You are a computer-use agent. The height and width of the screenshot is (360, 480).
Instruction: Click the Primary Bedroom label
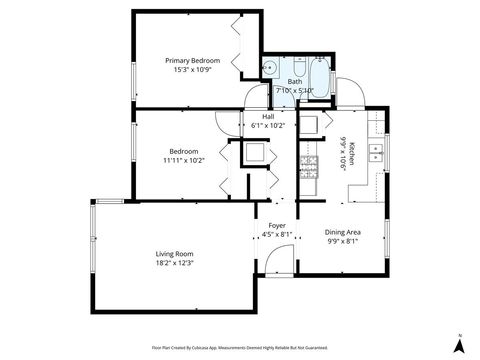point(192,61)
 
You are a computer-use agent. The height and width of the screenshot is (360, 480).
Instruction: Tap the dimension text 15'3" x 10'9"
point(192,71)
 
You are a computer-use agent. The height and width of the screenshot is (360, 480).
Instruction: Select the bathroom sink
point(270,68)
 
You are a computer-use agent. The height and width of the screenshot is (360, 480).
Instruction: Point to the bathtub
point(321,74)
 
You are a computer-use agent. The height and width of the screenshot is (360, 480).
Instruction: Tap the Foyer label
point(276,226)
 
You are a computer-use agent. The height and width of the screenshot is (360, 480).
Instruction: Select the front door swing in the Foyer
point(285,262)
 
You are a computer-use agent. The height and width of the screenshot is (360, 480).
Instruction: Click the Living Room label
point(173,254)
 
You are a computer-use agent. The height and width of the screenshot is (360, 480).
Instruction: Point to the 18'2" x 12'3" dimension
point(173,264)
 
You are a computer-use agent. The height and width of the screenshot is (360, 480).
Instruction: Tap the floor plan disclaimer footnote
point(241,347)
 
